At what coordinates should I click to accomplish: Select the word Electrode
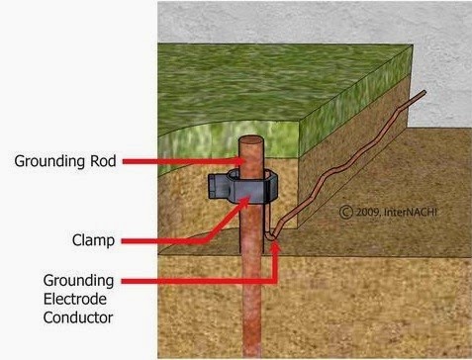tap(72, 299)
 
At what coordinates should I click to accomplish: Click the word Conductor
tap(77, 318)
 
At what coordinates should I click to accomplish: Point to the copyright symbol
tap(345, 211)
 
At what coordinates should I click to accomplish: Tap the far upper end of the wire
tap(423, 93)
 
